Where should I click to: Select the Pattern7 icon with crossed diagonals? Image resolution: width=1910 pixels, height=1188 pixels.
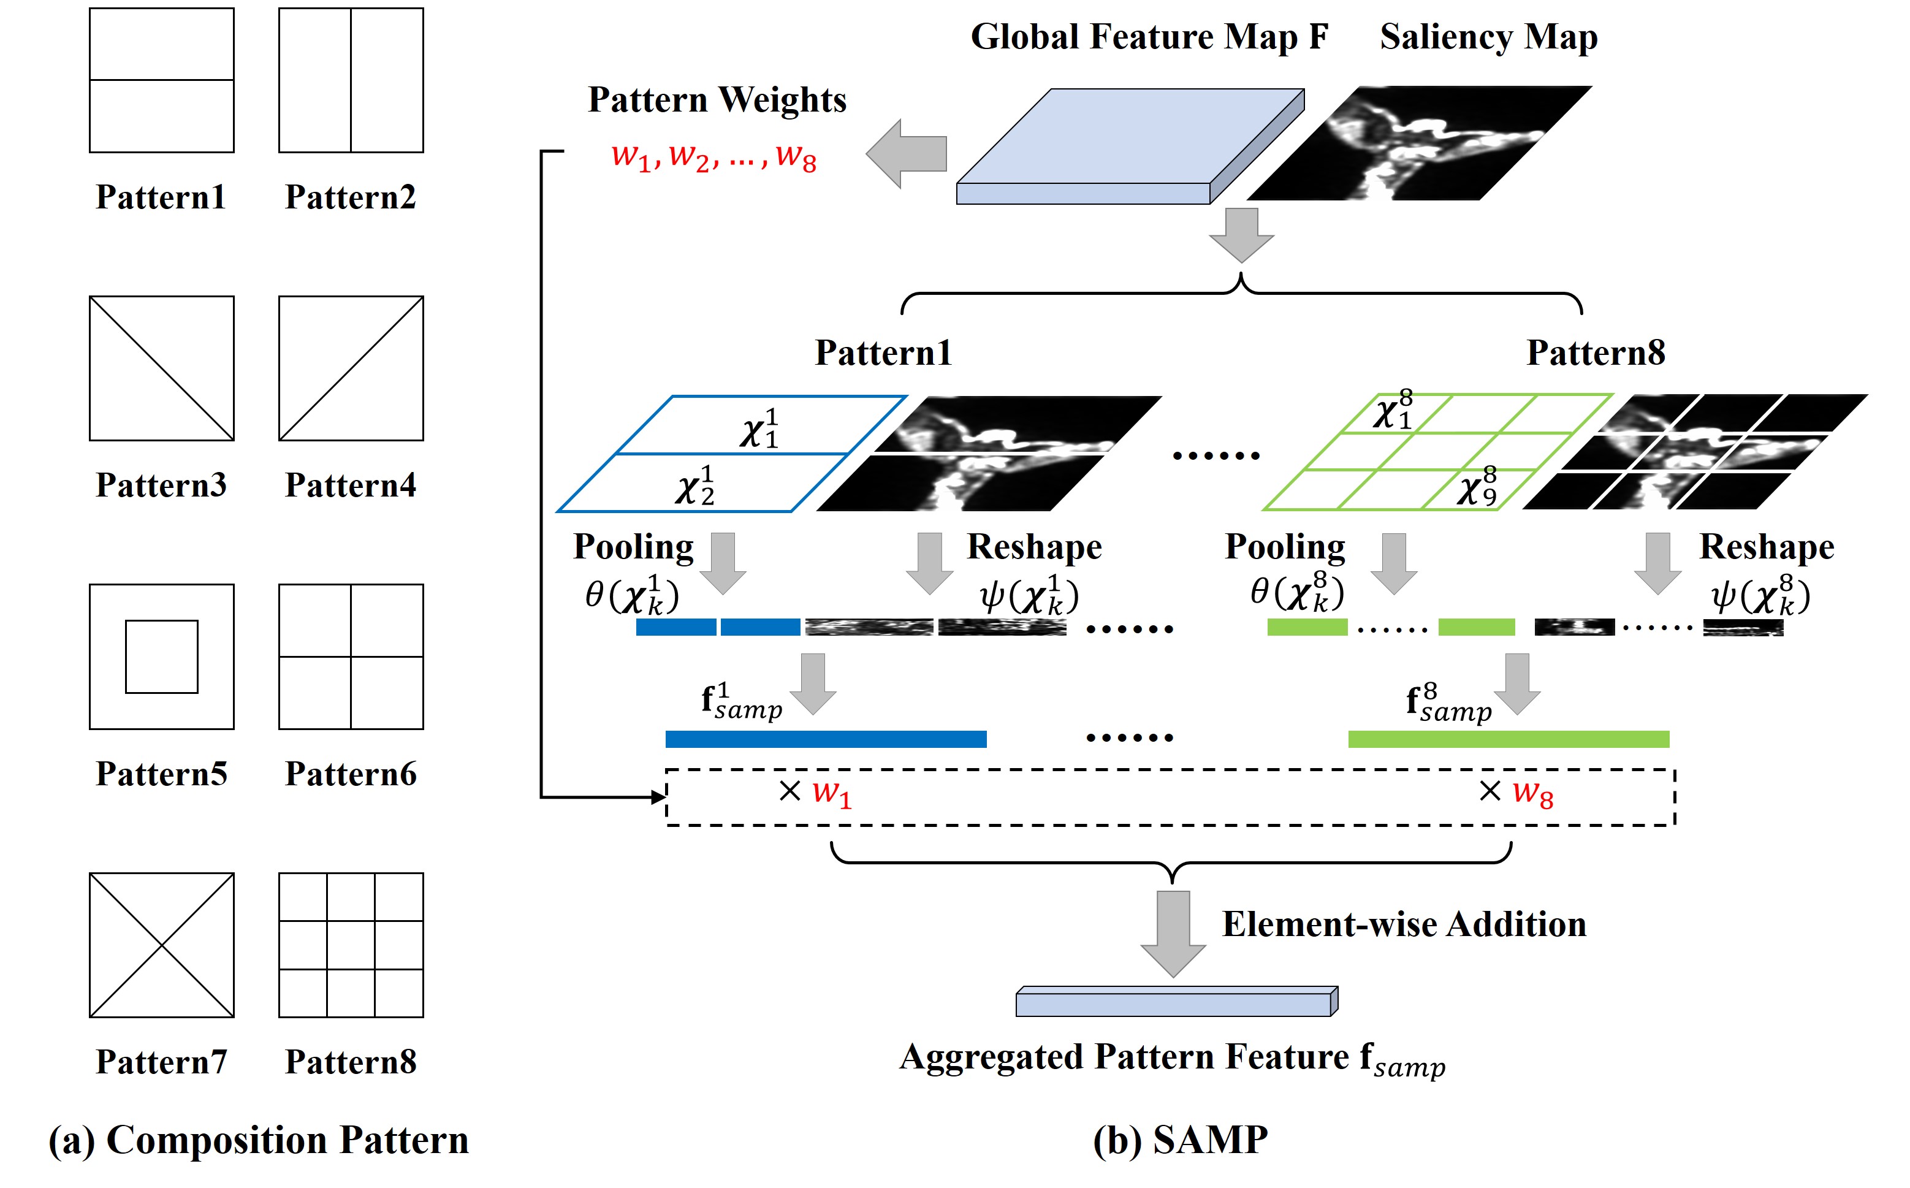[x=161, y=945]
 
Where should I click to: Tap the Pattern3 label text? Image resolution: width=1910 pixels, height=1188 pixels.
[x=161, y=485]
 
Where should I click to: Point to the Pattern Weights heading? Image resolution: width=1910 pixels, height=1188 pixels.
[x=717, y=100]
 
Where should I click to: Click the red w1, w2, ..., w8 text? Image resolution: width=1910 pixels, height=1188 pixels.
[x=714, y=156]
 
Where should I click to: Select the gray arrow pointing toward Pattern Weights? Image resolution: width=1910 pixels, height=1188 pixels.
[x=906, y=154]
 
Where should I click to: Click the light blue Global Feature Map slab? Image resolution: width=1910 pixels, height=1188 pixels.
[x=1130, y=146]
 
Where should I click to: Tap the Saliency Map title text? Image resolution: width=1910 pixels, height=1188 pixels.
[x=1489, y=37]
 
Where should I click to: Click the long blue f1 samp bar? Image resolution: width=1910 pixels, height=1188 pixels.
[x=826, y=739]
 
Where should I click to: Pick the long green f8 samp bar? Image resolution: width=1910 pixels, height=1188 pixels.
[x=1509, y=739]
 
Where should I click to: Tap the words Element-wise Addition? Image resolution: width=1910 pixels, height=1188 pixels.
[x=1404, y=924]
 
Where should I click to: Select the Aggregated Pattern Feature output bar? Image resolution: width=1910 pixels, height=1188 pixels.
[x=1177, y=1001]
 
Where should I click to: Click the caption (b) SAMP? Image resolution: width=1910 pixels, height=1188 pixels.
[x=1180, y=1140]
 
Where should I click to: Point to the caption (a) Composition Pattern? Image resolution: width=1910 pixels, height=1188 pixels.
[x=259, y=1140]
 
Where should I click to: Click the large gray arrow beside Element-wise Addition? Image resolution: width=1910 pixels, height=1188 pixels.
[x=1173, y=934]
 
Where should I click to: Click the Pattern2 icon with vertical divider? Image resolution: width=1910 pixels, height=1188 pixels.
[x=351, y=80]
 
